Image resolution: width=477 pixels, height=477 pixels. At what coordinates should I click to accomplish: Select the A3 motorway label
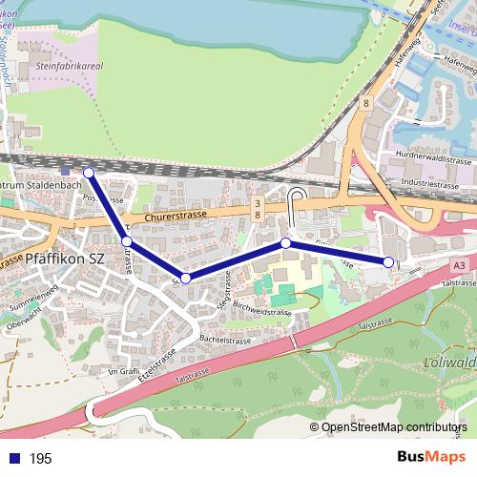coord(460,265)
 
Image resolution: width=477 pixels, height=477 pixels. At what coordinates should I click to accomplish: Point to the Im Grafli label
coord(124,371)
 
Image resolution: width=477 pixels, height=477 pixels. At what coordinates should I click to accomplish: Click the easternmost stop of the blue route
coord(388,261)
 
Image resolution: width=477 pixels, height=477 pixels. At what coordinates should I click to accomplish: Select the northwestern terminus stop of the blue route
coord(89,173)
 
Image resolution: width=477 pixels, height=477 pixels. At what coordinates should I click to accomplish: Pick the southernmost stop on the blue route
coord(186,278)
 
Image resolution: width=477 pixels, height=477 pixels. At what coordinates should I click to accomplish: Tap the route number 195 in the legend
coord(41,459)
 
